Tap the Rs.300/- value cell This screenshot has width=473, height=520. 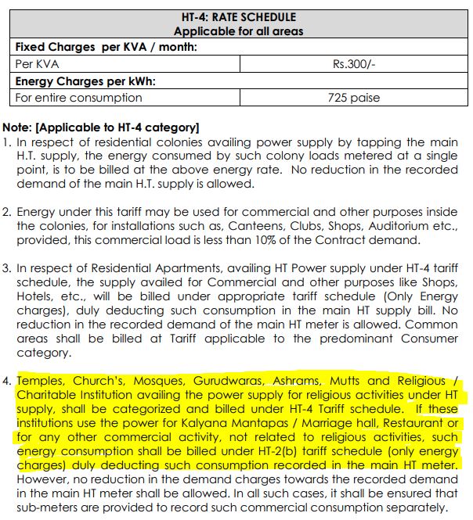tap(354, 63)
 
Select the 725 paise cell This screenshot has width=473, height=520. tap(354, 98)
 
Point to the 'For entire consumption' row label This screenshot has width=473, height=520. tap(79, 98)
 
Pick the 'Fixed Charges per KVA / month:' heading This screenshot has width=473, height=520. tap(106, 47)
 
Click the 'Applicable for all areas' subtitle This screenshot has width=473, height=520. tap(239, 31)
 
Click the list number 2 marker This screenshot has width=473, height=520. tap(7, 212)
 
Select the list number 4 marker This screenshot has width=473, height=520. tap(8, 381)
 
